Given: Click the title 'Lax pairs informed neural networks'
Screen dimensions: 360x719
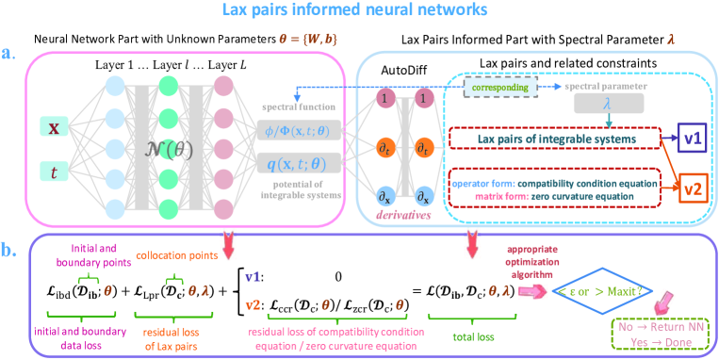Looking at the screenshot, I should coord(359,12).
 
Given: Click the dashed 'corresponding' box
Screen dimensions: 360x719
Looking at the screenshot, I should coord(500,86).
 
